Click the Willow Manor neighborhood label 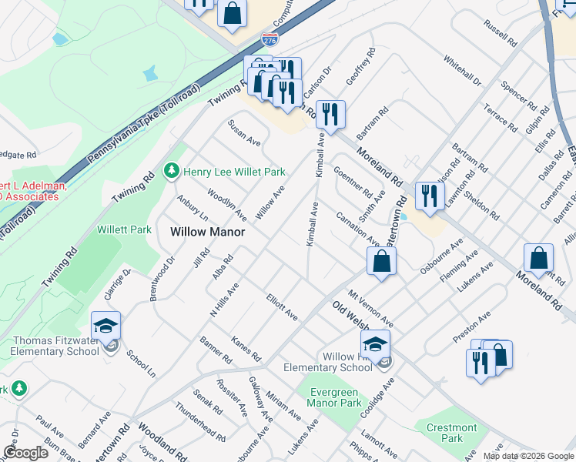coord(207,231)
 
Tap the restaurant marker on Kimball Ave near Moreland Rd coord(330,115)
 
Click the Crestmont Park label coord(454,433)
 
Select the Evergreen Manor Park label coord(335,397)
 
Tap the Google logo coord(25,452)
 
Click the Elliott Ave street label coord(282,305)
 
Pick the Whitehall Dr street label coord(462,70)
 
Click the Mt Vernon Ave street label coord(371,308)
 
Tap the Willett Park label coord(124,229)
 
